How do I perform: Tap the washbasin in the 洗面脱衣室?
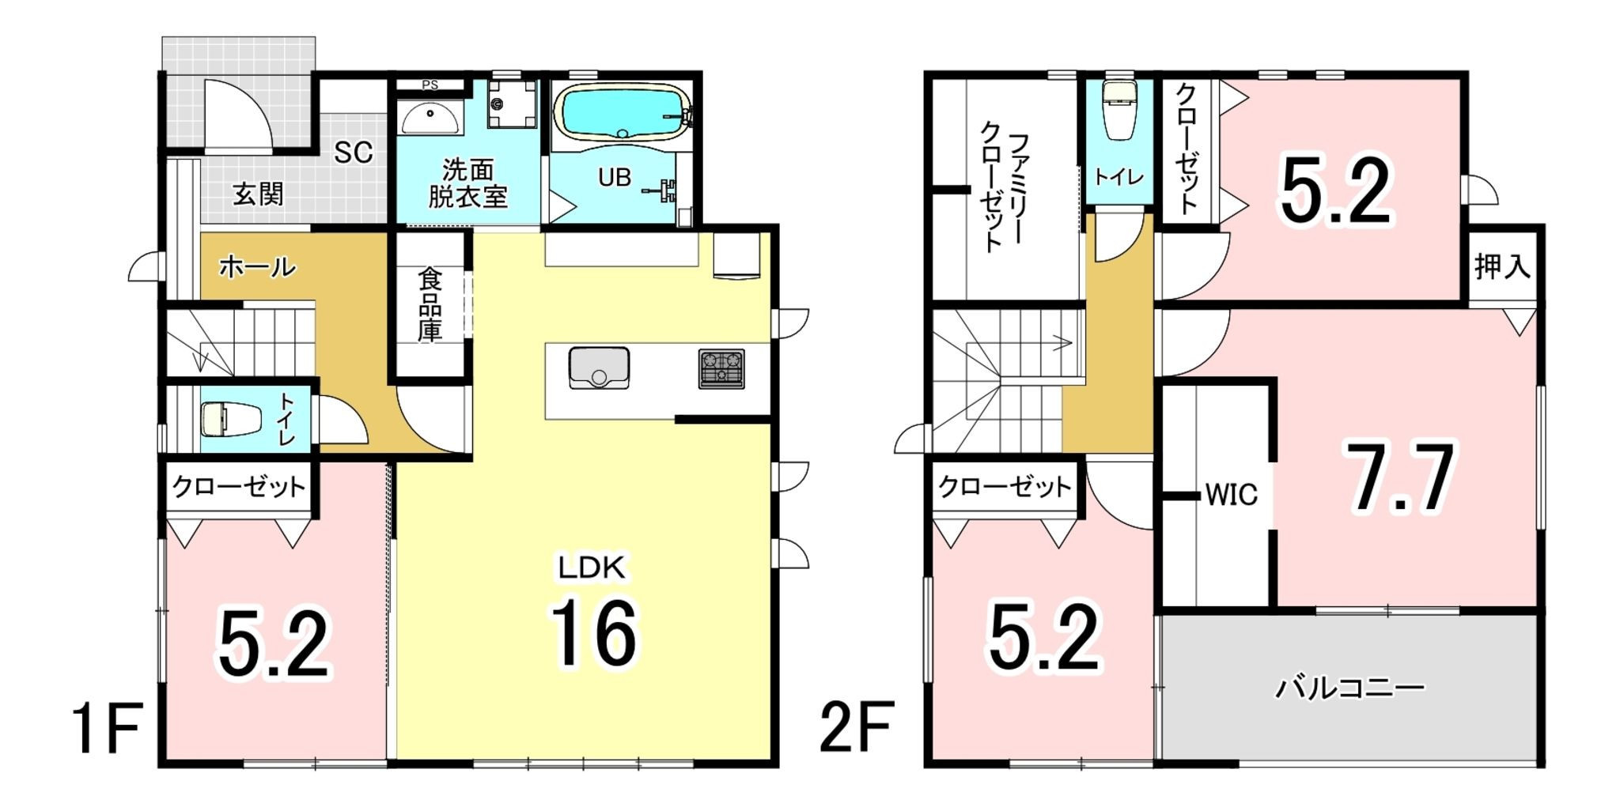tap(429, 118)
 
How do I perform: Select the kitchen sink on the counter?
tap(599, 368)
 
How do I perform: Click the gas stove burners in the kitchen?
tap(721, 368)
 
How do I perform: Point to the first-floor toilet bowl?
tap(229, 418)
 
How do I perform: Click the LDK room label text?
tap(592, 568)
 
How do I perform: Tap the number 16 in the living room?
tap(594, 632)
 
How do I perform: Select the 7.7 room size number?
tap(1401, 479)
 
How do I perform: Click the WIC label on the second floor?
tap(1231, 495)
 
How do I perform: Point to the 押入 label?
tap(1502, 266)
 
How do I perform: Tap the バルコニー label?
tap(1349, 688)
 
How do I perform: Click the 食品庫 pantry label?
tap(430, 304)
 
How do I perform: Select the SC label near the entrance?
tap(353, 153)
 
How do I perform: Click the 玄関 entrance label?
tap(258, 194)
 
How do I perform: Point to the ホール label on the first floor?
tap(257, 267)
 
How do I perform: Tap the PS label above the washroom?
tap(430, 85)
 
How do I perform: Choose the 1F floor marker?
tap(106, 729)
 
